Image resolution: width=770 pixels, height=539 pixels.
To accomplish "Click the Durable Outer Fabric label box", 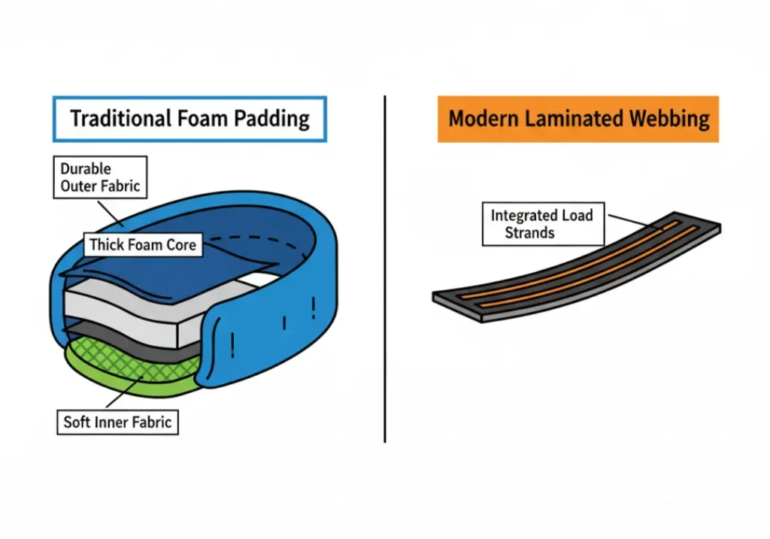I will click(x=100, y=177).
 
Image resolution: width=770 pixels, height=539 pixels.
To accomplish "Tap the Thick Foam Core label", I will click(x=142, y=244).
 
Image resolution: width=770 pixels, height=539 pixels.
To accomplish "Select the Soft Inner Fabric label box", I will click(x=117, y=421).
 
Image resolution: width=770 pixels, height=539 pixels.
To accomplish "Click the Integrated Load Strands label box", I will click(x=542, y=224).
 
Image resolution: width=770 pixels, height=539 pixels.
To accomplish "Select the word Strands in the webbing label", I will click(x=529, y=233).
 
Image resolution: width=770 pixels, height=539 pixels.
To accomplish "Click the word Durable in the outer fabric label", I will click(x=86, y=168).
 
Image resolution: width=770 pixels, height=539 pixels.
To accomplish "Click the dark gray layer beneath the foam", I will click(x=150, y=336).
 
